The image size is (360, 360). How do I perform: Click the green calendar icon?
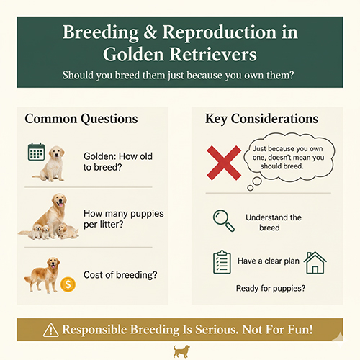coord(37,153)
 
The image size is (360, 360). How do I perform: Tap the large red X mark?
coord(225,161)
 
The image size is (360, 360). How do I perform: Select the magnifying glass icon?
coord(224,219)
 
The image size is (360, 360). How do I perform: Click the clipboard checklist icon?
coord(222,261)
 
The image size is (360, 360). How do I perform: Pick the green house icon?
coord(315,263)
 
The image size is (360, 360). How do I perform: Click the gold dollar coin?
coord(69,284)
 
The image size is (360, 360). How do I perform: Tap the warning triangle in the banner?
coord(50,330)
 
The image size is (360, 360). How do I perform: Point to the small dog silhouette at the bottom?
coord(180,351)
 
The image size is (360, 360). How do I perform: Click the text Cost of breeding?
coord(120,275)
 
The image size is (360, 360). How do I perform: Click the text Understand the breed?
coord(273,222)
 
